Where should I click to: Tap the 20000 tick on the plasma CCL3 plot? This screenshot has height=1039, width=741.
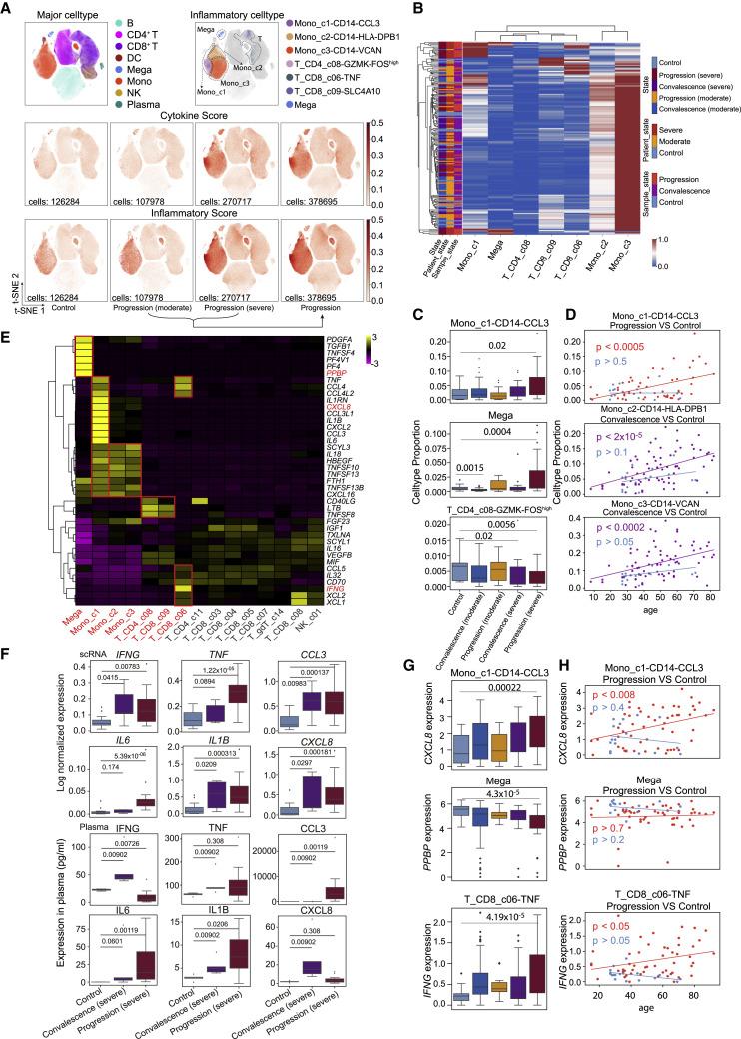270,851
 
